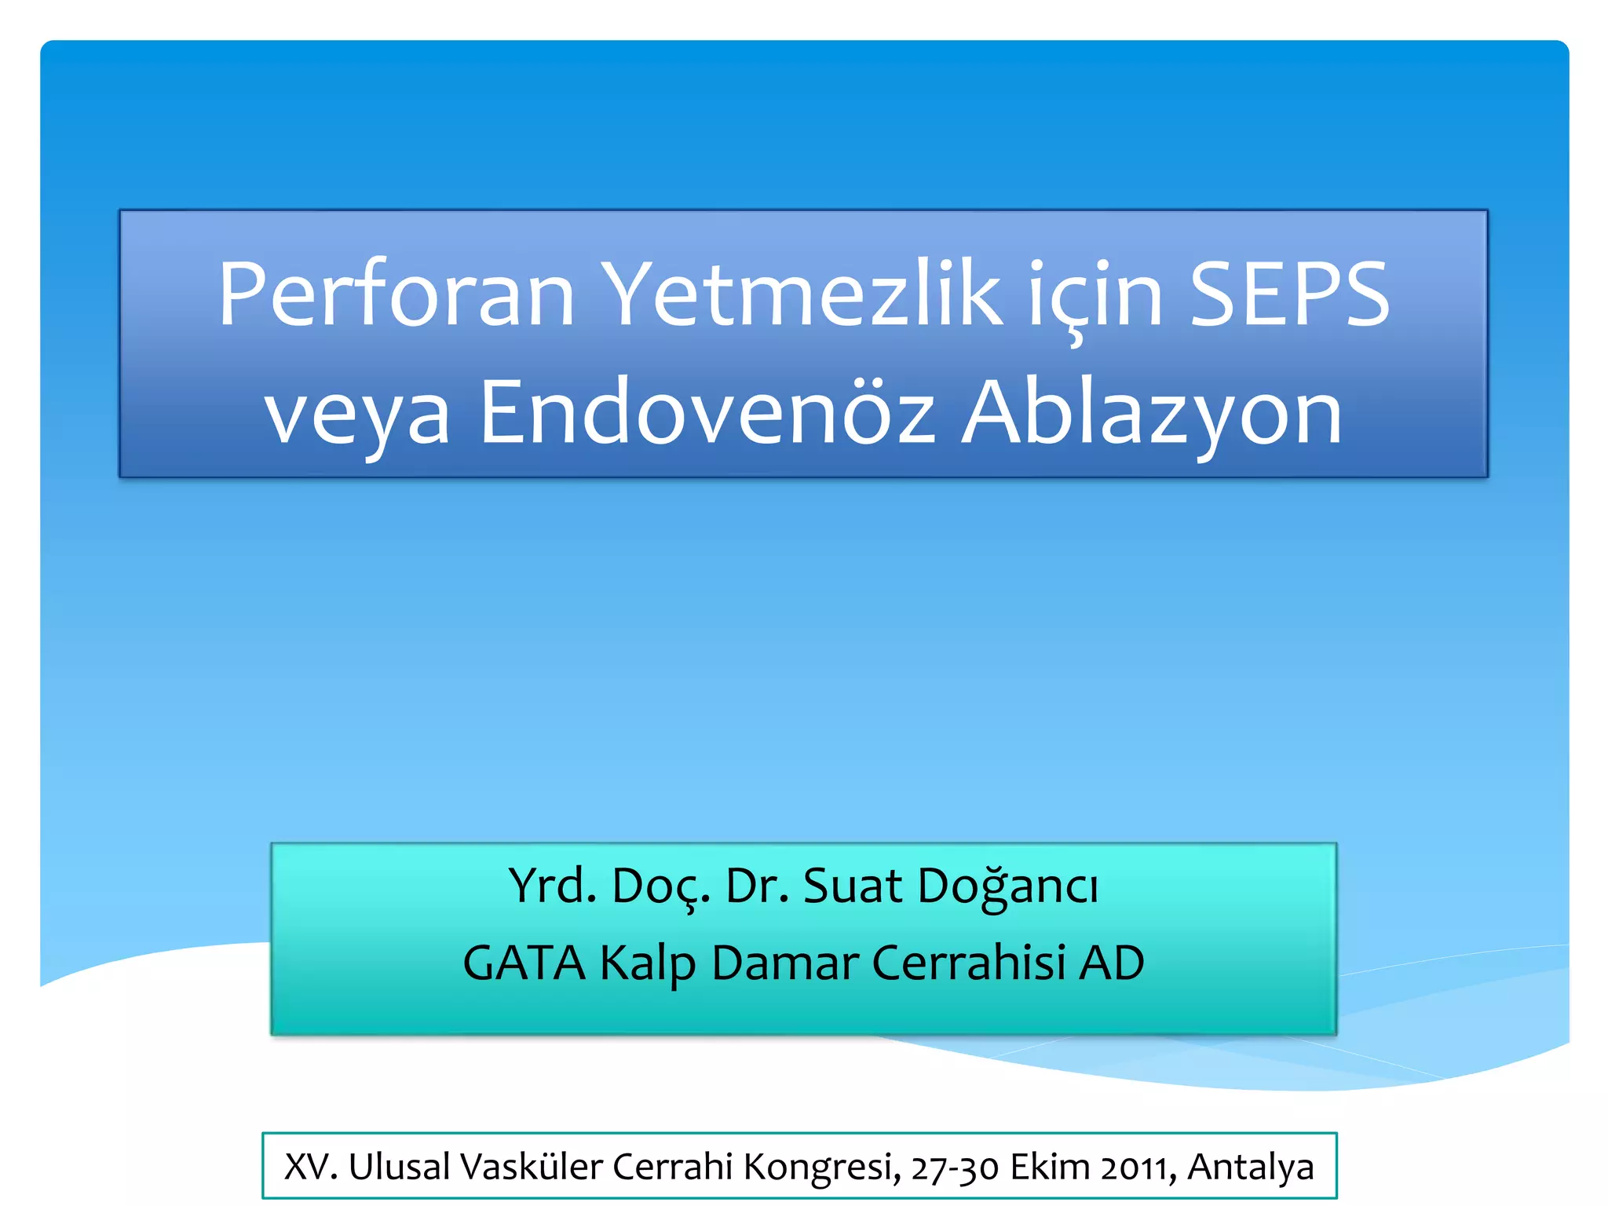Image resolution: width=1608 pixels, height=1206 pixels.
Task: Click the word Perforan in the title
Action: pos(397,294)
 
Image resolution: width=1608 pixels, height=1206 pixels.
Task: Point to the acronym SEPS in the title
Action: pos(1289,294)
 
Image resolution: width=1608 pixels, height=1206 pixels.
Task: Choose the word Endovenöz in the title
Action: pos(707,412)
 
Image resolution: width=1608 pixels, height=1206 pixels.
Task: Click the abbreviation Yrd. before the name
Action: pos(552,886)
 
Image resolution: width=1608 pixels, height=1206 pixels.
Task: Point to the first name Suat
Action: pos(853,886)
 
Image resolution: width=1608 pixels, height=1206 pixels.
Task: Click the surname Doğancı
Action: pos(1007,887)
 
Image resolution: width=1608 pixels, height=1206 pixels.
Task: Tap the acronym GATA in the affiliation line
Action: pos(524,963)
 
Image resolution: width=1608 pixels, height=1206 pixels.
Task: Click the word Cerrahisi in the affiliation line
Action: pos(969,963)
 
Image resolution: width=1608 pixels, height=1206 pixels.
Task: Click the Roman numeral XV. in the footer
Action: pos(311,1167)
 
